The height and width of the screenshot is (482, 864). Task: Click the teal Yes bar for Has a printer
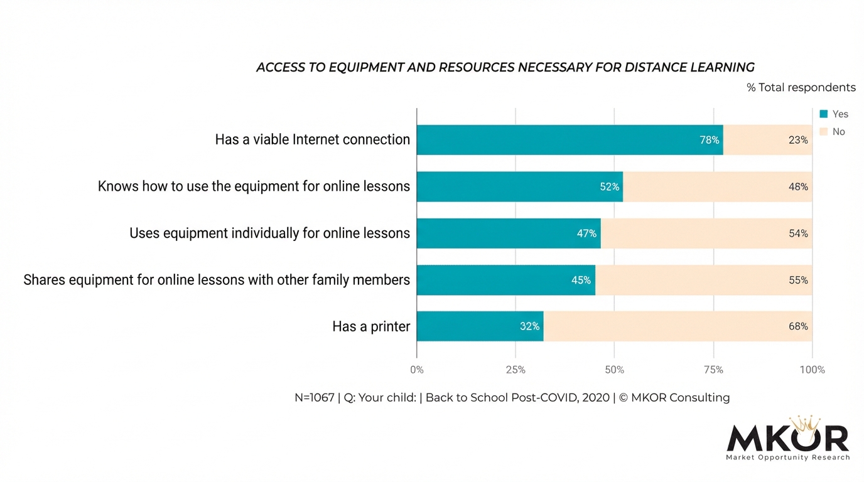480,326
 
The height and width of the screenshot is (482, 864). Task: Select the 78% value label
710,140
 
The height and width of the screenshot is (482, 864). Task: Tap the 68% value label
798,326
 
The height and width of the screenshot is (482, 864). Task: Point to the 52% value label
609,187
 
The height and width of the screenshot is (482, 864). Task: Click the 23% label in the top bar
798,140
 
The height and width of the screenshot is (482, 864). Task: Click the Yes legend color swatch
824,114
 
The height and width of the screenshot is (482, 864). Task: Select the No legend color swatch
824,132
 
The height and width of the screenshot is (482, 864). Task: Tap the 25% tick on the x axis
516,370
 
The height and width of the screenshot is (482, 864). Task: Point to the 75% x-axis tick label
713,370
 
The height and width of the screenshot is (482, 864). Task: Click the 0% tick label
417,370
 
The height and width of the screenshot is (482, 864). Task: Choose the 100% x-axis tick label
812,370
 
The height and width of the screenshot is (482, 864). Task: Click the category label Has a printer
371,326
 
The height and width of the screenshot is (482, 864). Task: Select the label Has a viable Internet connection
312,139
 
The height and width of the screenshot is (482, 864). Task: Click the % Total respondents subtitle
801,87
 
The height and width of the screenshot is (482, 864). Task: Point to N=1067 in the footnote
314,397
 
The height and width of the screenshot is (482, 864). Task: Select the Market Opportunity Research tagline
788,458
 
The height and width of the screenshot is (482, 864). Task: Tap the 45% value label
581,280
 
